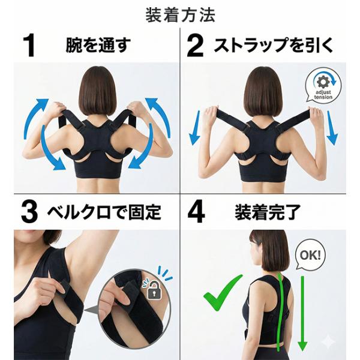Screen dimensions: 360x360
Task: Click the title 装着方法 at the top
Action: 181,15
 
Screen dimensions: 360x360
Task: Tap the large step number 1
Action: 29,45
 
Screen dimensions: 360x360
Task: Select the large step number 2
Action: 195,46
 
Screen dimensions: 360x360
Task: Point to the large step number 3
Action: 29,211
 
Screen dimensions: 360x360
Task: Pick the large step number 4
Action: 196,211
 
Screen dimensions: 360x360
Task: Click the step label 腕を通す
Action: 98,45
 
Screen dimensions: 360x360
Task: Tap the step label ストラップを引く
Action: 273,45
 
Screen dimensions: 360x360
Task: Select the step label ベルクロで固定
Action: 104,211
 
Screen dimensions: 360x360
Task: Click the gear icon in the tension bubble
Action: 323,82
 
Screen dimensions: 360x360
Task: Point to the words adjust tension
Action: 323,95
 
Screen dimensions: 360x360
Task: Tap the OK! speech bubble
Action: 310,255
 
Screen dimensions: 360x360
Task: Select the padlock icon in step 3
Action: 154,290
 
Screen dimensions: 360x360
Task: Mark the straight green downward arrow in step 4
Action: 302,313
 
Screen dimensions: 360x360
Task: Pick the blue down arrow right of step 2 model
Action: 332,128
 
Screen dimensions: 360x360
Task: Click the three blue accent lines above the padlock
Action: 166,273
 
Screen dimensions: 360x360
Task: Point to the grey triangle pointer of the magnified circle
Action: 92,310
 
